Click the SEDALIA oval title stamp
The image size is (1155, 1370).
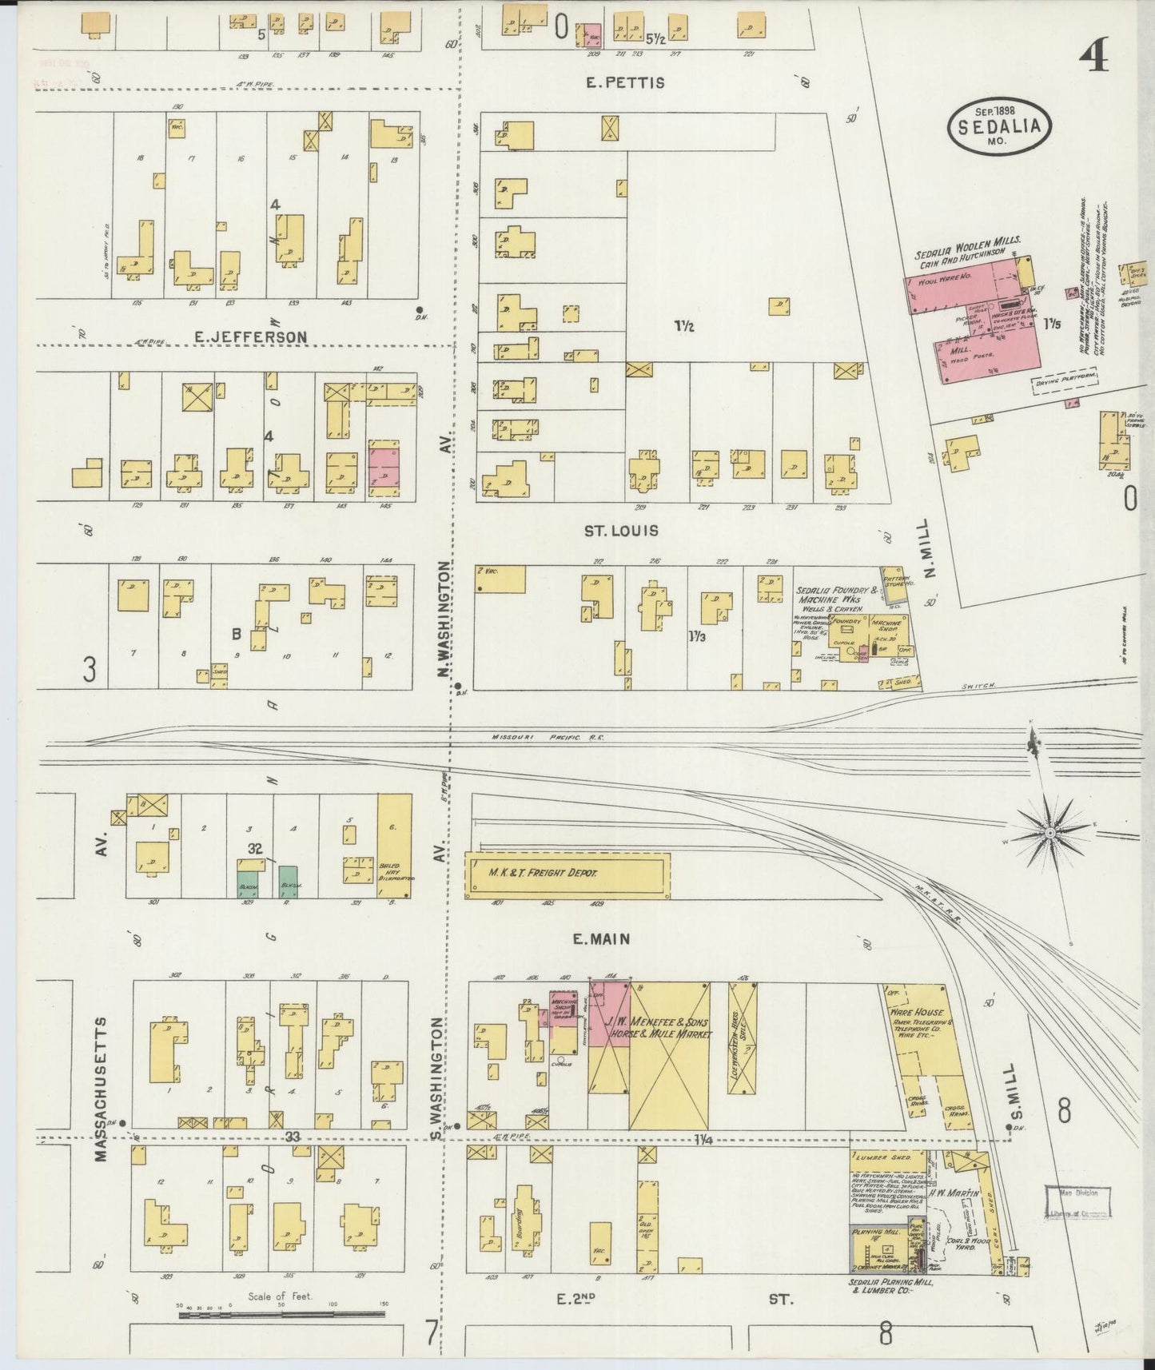999,126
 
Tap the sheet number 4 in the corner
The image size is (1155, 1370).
1093,56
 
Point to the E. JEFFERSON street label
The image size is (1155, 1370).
251,337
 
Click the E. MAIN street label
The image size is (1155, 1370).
600,939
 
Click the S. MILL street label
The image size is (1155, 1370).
1016,1092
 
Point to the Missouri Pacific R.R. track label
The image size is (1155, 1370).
548,737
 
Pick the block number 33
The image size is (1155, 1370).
293,1137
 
